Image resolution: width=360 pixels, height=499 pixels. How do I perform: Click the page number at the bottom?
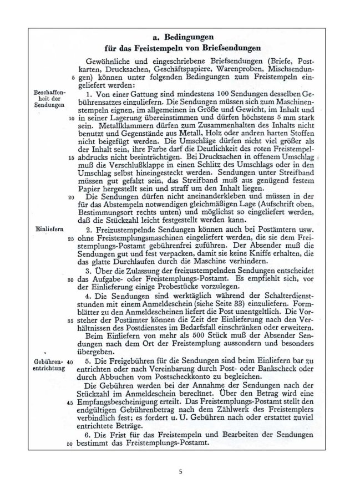pyautogui.click(x=180, y=472)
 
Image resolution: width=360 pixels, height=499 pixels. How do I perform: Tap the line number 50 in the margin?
pyautogui.click(x=70, y=445)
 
